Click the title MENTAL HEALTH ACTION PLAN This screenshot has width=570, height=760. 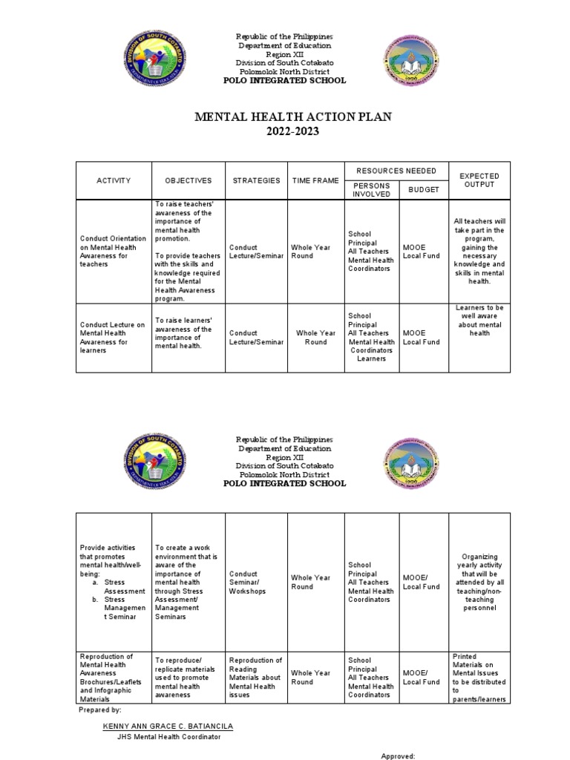click(292, 117)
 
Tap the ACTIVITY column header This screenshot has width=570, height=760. click(114, 180)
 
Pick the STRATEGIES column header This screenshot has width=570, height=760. click(255, 180)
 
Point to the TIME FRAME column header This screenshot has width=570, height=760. click(315, 180)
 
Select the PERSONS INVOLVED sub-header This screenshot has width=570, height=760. click(371, 189)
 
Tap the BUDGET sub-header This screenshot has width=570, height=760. click(424, 189)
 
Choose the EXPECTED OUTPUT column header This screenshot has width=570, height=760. click(479, 180)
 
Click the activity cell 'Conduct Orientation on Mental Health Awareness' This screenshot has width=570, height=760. click(113, 251)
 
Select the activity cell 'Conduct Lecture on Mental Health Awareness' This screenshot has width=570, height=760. click(113, 338)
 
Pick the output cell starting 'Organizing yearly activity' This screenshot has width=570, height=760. click(479, 582)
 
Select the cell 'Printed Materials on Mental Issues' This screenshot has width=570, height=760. click(479, 678)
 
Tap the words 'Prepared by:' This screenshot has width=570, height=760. click(99, 710)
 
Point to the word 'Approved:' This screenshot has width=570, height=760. click(398, 756)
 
